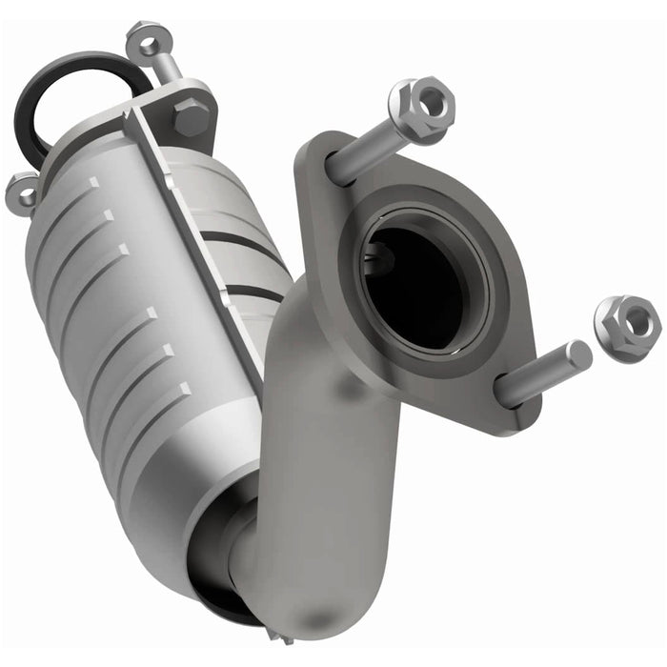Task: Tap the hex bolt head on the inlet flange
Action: (x=192, y=118)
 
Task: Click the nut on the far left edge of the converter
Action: (x=21, y=191)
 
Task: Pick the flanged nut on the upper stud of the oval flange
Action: (x=420, y=107)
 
